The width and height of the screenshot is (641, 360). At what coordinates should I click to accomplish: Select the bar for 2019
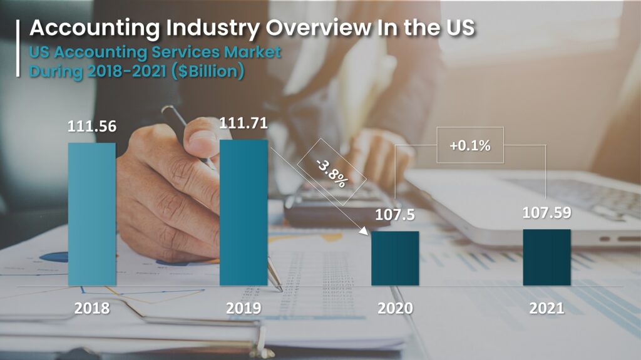pyautogui.click(x=244, y=213)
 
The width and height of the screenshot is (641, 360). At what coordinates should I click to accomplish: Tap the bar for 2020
pyautogui.click(x=395, y=259)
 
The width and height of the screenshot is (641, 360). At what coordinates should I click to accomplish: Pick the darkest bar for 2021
pyautogui.click(x=546, y=257)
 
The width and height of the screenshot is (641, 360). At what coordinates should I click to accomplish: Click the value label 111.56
pyautogui.click(x=92, y=126)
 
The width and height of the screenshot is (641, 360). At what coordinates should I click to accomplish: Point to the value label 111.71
pyautogui.click(x=244, y=123)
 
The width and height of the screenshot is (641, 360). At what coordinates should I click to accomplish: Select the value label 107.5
pyautogui.click(x=395, y=215)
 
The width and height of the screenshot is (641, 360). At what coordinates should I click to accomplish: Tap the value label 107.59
pyautogui.click(x=546, y=213)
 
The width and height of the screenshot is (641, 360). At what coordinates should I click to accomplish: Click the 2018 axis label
pyautogui.click(x=92, y=308)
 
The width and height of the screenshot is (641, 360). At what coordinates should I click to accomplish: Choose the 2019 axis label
pyautogui.click(x=244, y=308)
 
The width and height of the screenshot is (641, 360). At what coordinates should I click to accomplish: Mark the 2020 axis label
pyautogui.click(x=395, y=308)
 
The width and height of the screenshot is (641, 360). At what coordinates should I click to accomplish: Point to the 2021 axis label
pyautogui.click(x=546, y=308)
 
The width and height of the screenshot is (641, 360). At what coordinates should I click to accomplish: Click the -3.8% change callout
pyautogui.click(x=331, y=172)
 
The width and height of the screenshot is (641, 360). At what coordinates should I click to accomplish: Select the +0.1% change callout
pyautogui.click(x=469, y=145)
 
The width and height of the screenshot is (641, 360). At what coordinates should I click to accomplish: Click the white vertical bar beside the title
pyautogui.click(x=18, y=48)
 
